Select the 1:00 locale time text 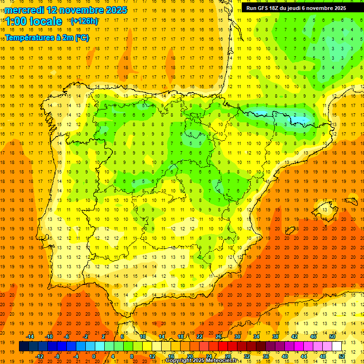click(34, 21)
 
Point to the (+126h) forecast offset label click(84, 21)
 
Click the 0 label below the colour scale click(94, 356)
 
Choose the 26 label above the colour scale click(218, 337)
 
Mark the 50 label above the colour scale click(332, 337)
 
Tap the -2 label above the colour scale click(86, 337)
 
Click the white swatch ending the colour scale click(337, 346)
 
